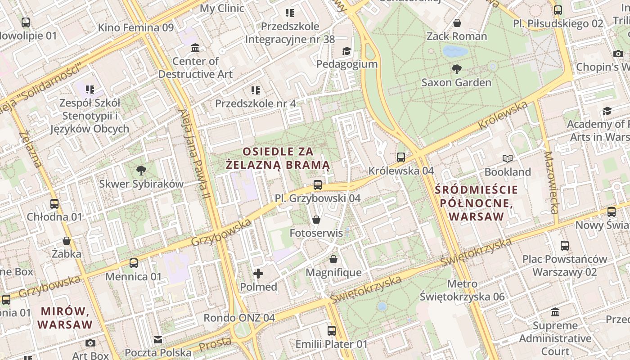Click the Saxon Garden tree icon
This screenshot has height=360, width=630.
pos(457,69)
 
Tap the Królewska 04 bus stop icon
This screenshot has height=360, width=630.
pos(401,157)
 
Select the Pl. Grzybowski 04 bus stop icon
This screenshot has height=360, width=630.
pos(318,184)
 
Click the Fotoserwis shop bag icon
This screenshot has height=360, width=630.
pos(316,220)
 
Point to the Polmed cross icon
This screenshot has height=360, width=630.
pos(258,273)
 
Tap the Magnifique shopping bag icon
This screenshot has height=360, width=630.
pos(333,259)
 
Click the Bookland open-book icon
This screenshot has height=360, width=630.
pos(508,158)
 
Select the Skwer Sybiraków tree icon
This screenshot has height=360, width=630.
pos(141,170)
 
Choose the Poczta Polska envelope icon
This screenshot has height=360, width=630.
pos(158,339)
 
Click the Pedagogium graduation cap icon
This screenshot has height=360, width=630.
pos(346,51)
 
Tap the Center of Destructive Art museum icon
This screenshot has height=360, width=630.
pos(195,48)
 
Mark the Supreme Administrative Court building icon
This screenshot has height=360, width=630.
pos(555,312)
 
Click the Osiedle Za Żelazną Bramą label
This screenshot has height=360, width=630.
pos(278,158)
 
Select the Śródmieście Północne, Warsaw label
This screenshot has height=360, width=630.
pos(477,203)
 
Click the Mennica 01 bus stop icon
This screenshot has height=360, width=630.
pos(134,263)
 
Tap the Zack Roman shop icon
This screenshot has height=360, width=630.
pos(457,23)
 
